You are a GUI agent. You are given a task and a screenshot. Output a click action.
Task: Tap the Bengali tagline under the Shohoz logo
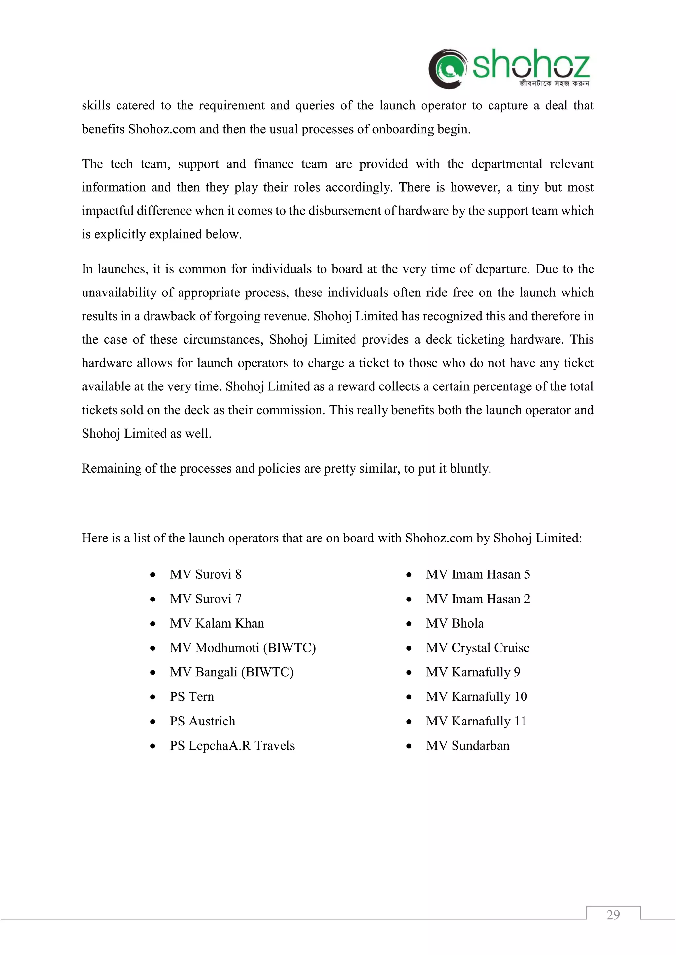pyautogui.click(x=554, y=84)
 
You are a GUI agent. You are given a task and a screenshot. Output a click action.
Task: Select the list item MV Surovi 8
pyautogui.click(x=206, y=574)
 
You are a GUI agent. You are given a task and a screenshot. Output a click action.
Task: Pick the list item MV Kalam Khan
pyautogui.click(x=217, y=623)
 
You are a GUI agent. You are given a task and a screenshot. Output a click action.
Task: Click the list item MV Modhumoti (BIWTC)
pyautogui.click(x=243, y=648)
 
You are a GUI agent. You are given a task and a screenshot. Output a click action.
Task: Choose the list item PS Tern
pyautogui.click(x=192, y=697)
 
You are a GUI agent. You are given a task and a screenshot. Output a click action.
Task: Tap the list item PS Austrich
pyautogui.click(x=202, y=721)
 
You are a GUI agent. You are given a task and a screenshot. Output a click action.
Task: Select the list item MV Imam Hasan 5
pyautogui.click(x=478, y=574)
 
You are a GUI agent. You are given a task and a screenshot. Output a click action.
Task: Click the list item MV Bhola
pyautogui.click(x=455, y=623)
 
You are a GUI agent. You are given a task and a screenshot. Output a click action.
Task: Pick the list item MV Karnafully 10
pyautogui.click(x=477, y=697)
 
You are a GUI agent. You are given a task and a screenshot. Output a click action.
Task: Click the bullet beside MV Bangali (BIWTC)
pyautogui.click(x=153, y=673)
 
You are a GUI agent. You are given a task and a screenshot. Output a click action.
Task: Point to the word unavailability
pyautogui.click(x=119, y=293)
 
